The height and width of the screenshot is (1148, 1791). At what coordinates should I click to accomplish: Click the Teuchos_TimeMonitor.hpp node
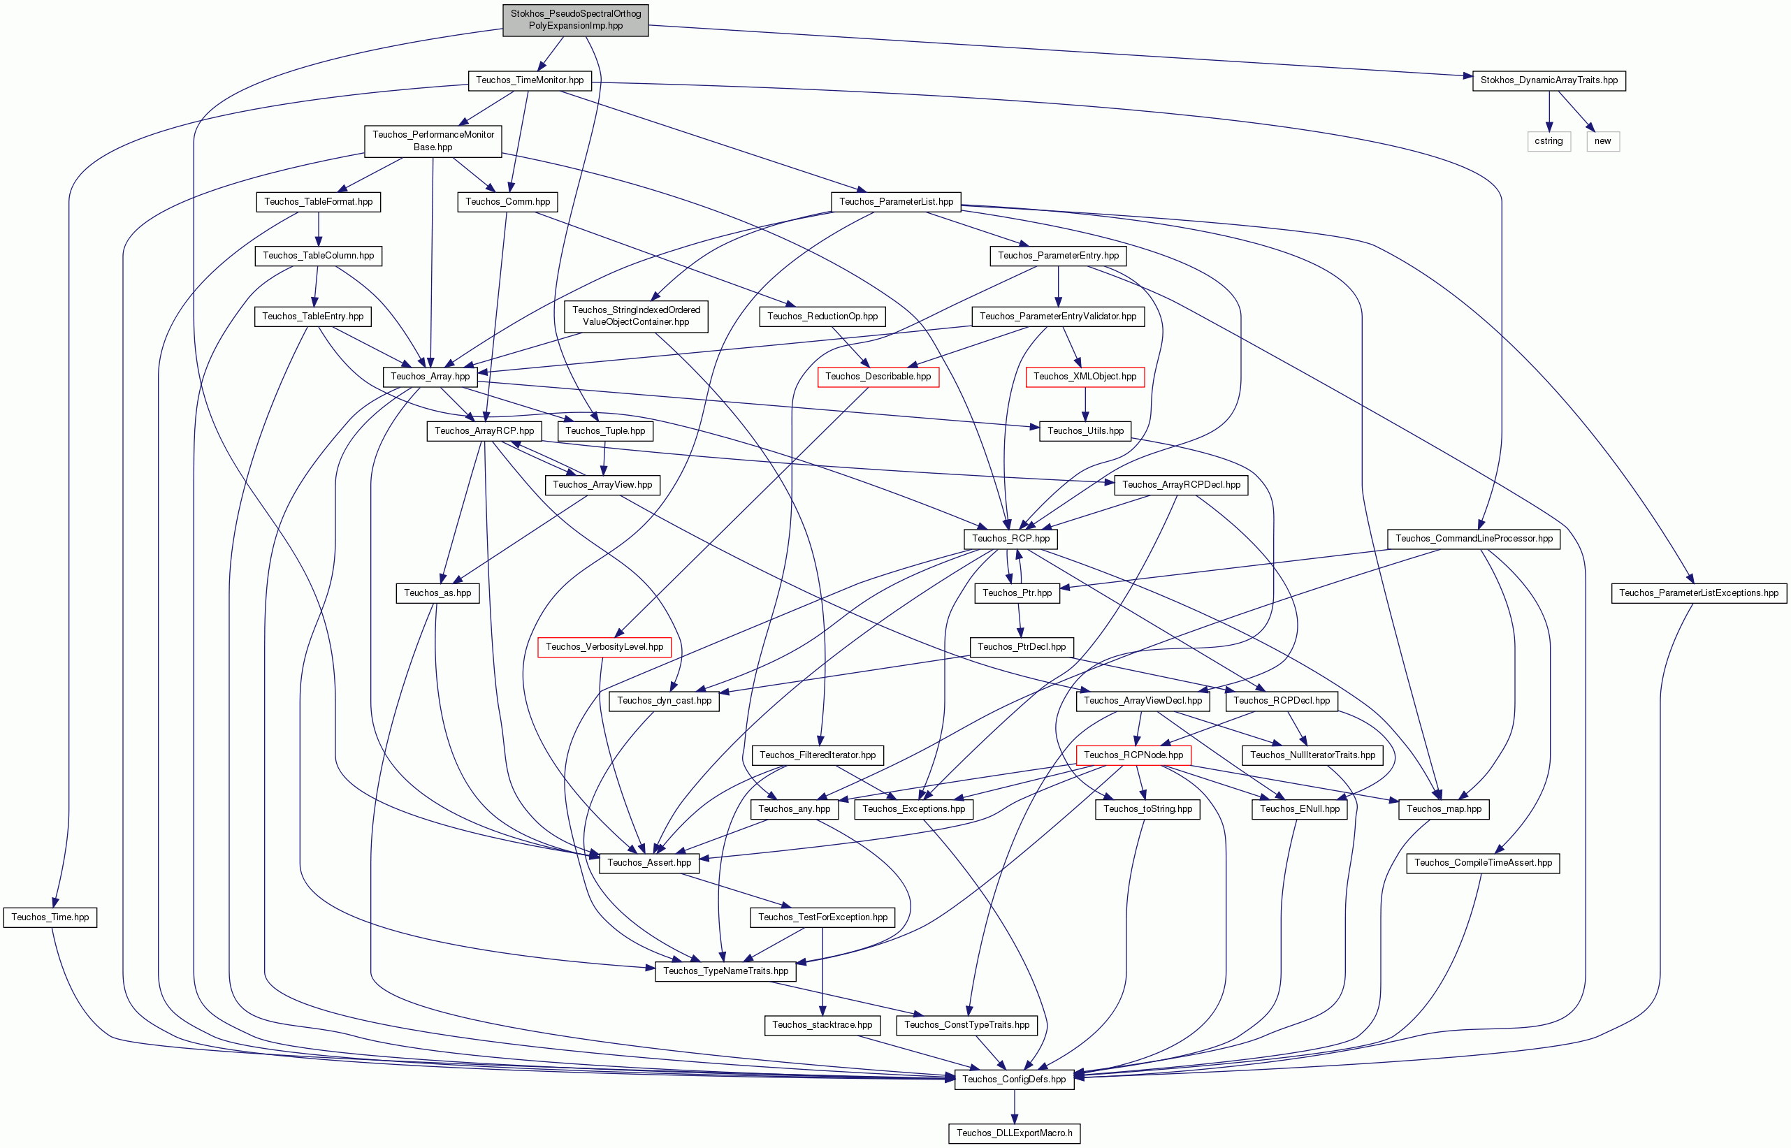[529, 80]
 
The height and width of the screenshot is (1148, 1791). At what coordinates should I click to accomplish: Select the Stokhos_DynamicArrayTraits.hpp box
[1549, 80]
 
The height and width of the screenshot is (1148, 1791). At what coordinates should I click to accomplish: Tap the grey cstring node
[1549, 141]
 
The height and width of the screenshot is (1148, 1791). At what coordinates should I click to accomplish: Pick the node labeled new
[1602, 141]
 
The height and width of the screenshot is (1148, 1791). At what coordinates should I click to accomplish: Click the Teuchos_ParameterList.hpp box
[896, 202]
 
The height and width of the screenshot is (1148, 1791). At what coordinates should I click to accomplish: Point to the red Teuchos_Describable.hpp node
[878, 377]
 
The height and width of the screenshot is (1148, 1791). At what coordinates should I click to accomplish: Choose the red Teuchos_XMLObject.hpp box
[1085, 377]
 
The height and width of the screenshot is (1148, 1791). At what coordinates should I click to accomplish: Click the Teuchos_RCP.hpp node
[1010, 538]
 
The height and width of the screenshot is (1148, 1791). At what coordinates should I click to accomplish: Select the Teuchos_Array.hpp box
[430, 377]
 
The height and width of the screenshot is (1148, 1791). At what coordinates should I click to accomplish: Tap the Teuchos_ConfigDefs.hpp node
[1014, 1079]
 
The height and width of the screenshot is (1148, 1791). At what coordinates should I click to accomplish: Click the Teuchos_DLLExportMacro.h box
[1014, 1133]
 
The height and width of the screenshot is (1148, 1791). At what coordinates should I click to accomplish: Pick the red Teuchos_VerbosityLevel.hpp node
[604, 647]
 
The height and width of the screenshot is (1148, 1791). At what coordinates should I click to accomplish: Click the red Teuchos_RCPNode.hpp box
[1133, 755]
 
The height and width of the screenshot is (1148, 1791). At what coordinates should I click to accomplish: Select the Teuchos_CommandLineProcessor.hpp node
[1474, 538]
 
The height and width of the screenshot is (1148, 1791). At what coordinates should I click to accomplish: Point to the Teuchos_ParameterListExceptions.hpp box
[1699, 593]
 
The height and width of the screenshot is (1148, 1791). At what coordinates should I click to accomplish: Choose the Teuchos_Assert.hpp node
[649, 862]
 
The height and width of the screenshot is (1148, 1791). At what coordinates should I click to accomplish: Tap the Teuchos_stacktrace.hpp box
[822, 1025]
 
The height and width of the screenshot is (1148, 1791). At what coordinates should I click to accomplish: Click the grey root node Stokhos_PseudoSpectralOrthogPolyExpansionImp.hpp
[575, 20]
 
